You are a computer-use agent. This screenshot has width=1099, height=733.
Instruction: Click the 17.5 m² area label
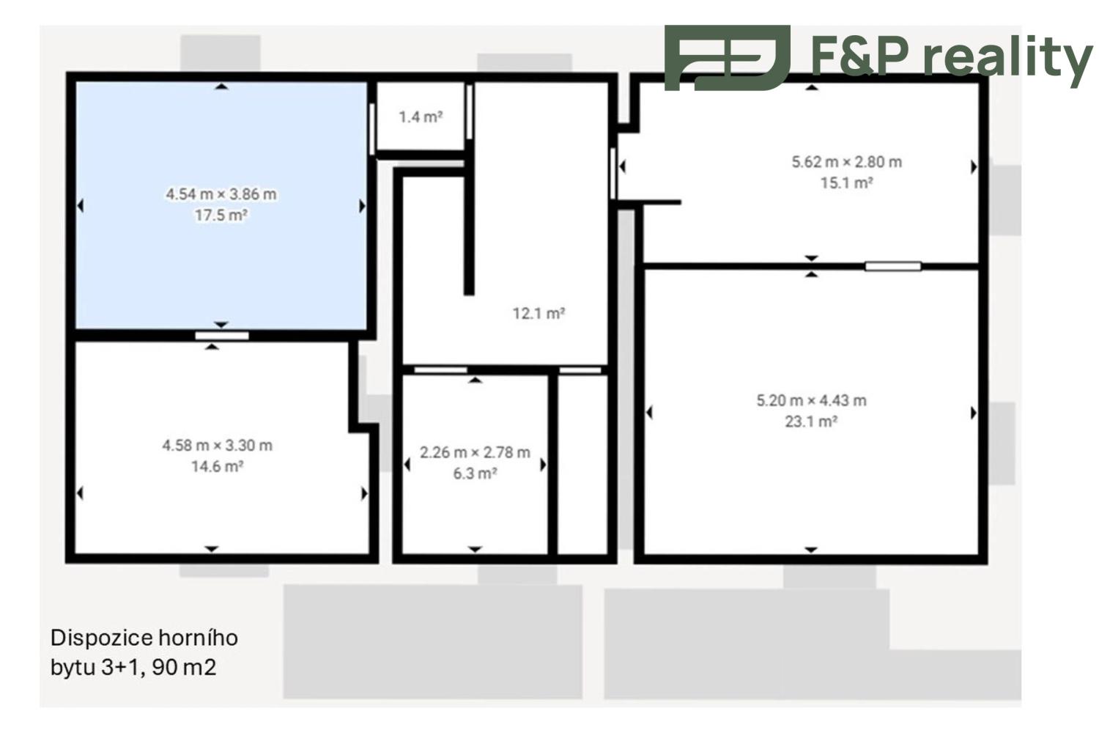pyautogui.click(x=221, y=216)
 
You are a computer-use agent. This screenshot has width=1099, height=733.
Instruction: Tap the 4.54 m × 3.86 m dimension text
pyautogui.click(x=221, y=194)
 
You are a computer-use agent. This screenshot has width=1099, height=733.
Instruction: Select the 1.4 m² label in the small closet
pyautogui.click(x=421, y=117)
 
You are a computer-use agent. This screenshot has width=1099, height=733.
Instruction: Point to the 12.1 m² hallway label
pyautogui.click(x=539, y=314)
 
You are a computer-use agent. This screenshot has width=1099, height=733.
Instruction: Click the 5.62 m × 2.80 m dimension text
pyautogui.click(x=846, y=162)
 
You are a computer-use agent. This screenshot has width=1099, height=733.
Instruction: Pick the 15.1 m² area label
pyautogui.click(x=846, y=183)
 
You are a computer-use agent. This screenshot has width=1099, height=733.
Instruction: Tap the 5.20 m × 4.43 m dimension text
pyautogui.click(x=811, y=401)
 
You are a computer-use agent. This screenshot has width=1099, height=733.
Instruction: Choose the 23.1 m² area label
pyautogui.click(x=811, y=422)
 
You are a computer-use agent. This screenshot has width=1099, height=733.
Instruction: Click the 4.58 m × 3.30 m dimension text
pyautogui.click(x=217, y=446)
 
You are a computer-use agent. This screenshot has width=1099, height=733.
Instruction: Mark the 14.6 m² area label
pyautogui.click(x=217, y=467)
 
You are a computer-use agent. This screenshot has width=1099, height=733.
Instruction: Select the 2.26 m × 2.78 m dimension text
pyautogui.click(x=475, y=452)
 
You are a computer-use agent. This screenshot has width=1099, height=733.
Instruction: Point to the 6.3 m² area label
pyautogui.click(x=475, y=474)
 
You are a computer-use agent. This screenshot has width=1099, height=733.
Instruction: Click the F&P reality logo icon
pyautogui.click(x=727, y=58)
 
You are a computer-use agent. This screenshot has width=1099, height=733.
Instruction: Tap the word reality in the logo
pyautogui.click(x=1007, y=58)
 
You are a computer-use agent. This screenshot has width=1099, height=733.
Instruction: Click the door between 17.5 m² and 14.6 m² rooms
pyautogui.click(x=222, y=336)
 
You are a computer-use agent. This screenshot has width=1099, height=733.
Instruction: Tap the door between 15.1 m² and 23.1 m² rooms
pyautogui.click(x=892, y=266)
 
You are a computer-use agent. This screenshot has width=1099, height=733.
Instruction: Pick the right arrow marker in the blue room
pyautogui.click(x=362, y=206)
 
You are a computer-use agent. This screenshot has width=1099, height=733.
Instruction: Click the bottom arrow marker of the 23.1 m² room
pyautogui.click(x=811, y=550)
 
